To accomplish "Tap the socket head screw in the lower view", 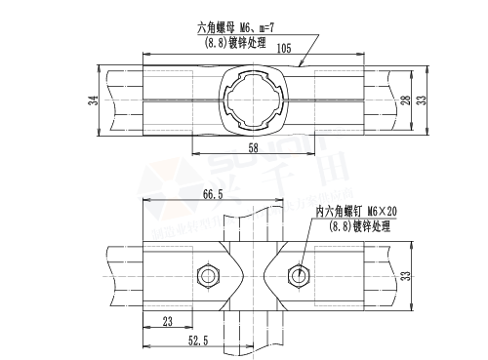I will click(298, 276).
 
